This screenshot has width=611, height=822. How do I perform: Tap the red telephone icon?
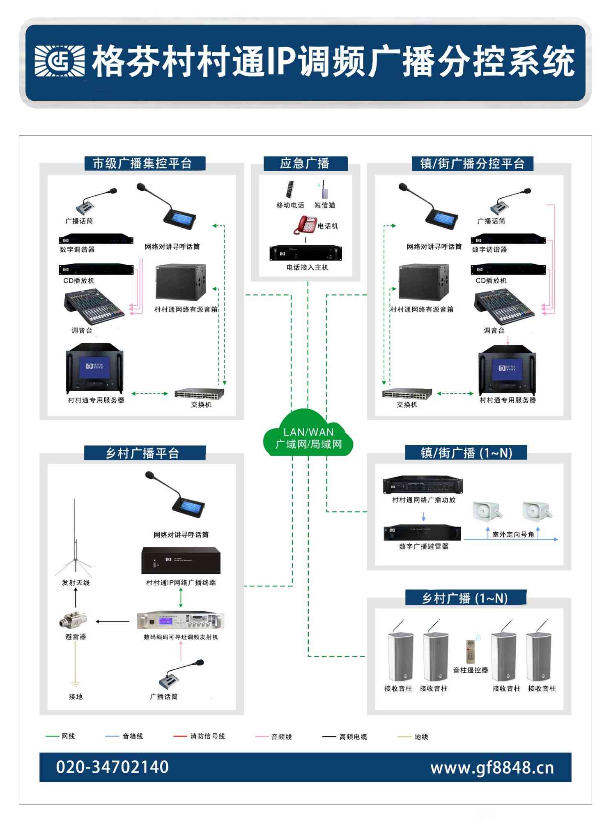click(305, 224)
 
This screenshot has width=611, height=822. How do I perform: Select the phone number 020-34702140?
click(112, 767)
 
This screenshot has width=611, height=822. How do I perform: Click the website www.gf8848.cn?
click(492, 768)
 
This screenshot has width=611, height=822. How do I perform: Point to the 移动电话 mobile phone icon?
click(290, 189)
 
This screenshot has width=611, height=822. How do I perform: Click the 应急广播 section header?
click(305, 164)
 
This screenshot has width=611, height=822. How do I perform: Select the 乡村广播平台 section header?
click(143, 453)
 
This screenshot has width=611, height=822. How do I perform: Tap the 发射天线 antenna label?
click(76, 582)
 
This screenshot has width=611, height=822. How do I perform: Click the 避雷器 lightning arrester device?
click(73, 620)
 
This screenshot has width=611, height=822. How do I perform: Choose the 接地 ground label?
click(76, 696)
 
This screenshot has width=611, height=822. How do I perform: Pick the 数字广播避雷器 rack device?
click(422, 533)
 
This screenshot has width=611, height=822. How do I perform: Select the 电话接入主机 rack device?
click(305, 253)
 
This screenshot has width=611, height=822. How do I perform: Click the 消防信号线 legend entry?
click(200, 736)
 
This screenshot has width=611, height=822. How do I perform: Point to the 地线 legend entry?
click(413, 737)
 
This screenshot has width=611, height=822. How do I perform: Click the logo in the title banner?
click(60, 61)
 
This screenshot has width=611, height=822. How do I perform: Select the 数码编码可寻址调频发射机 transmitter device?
click(181, 620)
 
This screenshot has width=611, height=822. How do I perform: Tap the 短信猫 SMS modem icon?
click(324, 189)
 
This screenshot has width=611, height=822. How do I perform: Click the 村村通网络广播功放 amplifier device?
click(423, 485)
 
